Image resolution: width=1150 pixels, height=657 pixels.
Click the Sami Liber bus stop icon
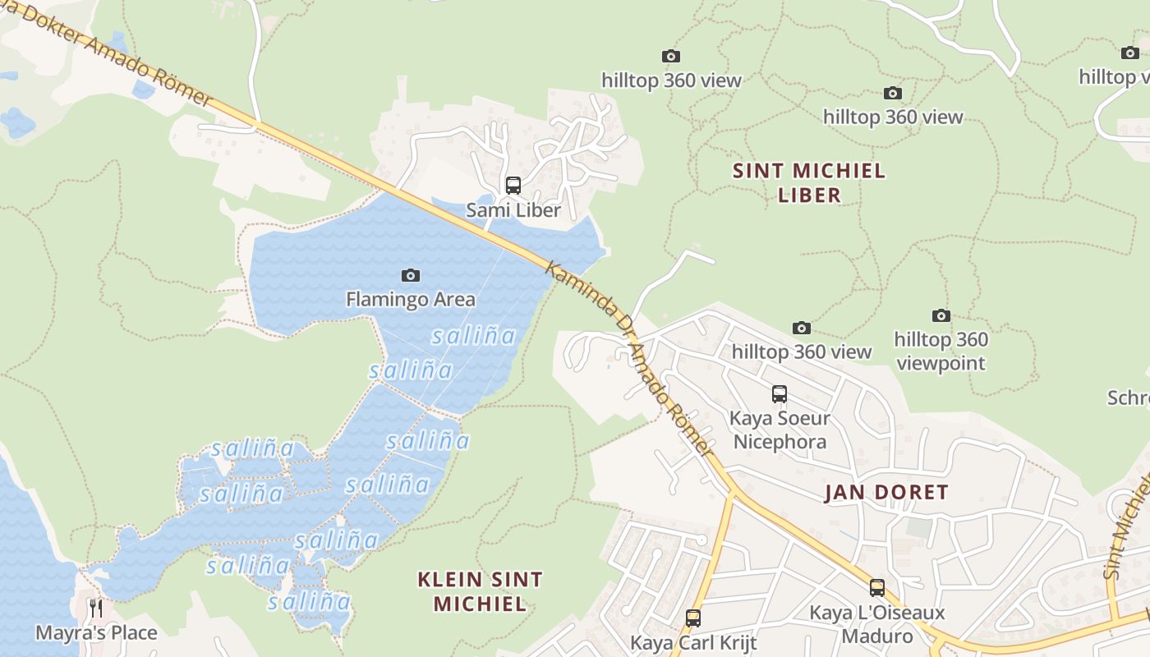click(x=513, y=186)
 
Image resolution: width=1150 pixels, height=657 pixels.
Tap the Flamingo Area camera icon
click(x=410, y=275)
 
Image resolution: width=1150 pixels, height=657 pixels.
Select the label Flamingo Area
click(x=410, y=299)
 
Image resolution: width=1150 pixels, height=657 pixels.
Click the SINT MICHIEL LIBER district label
click(x=809, y=182)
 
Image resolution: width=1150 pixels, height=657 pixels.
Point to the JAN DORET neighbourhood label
click(x=886, y=493)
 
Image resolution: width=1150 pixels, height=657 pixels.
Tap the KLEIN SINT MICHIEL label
click(x=480, y=591)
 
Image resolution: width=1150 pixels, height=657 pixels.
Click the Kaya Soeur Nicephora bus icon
click(x=779, y=394)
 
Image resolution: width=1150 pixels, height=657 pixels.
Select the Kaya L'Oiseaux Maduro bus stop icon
click(x=877, y=588)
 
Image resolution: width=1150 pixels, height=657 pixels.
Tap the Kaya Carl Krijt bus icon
click(x=693, y=618)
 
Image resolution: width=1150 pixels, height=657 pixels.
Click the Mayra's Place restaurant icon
click(x=96, y=609)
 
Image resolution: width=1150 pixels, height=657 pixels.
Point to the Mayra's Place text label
click(x=96, y=632)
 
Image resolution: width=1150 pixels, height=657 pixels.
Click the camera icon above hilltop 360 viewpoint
click(x=941, y=315)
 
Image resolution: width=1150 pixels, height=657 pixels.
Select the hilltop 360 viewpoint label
click(x=941, y=351)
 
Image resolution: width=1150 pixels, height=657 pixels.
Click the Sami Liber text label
click(x=513, y=210)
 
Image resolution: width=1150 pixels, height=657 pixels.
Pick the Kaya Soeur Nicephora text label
click(x=780, y=430)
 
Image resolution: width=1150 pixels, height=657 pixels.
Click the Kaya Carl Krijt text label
click(x=693, y=641)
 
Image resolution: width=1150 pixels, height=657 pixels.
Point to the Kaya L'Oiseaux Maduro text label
click(x=877, y=624)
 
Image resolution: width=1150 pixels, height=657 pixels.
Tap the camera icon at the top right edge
click(x=1129, y=53)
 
